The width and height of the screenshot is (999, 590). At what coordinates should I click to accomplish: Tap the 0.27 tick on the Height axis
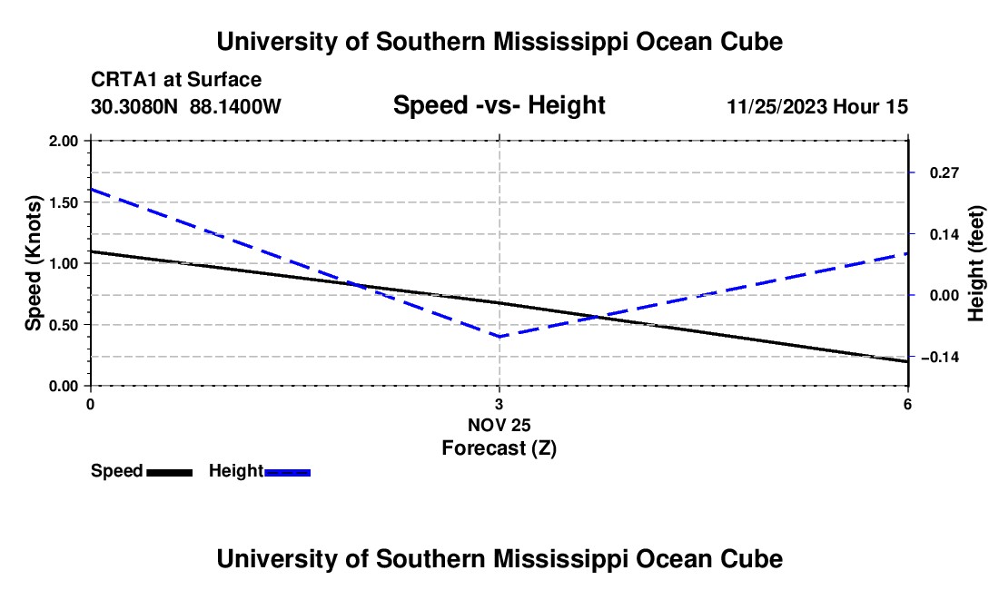(945, 172)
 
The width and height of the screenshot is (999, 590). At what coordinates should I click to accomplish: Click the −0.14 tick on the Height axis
(940, 357)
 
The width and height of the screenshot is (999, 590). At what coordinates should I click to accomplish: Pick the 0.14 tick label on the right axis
(945, 234)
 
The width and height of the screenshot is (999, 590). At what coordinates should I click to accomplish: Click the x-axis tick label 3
(499, 404)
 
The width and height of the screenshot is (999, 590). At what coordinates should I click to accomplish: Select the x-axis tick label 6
(907, 404)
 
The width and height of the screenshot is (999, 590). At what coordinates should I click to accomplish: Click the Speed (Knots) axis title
(33, 263)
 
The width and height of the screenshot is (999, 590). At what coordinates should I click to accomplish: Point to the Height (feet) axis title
(976, 263)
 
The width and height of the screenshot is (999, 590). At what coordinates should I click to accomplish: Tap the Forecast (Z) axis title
(499, 448)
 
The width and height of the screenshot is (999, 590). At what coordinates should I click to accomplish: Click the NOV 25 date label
(499, 425)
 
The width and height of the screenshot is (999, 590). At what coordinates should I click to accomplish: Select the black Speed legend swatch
(170, 472)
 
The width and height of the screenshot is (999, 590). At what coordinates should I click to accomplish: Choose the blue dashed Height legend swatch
(287, 472)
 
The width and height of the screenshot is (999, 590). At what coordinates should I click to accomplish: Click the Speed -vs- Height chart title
(499, 105)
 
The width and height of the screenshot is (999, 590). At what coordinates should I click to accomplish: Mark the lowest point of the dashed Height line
(499, 337)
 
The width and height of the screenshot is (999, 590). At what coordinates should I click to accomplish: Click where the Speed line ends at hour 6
(907, 361)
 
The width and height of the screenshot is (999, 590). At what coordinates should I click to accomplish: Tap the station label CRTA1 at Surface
(176, 80)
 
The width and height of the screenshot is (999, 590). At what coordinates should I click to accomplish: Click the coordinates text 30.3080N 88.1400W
(186, 106)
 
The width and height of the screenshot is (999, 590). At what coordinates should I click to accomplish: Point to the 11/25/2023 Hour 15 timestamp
(817, 106)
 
